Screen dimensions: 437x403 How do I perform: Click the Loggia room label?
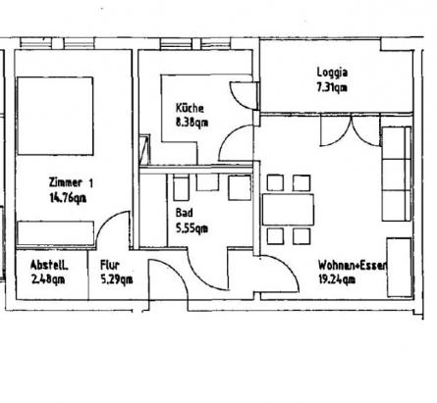[332, 73]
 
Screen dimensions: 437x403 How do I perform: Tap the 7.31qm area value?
[332, 87]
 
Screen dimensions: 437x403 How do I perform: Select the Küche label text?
[190, 108]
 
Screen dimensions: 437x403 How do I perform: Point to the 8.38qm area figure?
[191, 123]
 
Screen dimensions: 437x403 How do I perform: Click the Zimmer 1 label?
[71, 182]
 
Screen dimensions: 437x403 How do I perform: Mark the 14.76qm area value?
[68, 198]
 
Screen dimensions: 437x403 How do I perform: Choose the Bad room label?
[185, 213]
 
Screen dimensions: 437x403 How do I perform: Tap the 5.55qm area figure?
[191, 228]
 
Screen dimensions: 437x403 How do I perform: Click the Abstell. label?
[49, 265]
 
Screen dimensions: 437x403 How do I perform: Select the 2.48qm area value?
[48, 279]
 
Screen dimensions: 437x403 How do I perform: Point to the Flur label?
[110, 265]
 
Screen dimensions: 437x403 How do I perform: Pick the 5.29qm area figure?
[117, 279]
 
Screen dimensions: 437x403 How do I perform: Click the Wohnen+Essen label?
[353, 265]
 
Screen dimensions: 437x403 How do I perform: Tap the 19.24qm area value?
[337, 279]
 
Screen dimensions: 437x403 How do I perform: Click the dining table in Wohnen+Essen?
[288, 210]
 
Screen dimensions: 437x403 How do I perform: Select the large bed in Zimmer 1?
[55, 116]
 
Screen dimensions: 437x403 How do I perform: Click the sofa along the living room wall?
[397, 174]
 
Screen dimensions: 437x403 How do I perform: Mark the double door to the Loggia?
[351, 130]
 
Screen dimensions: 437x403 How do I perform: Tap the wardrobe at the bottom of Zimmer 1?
[55, 233]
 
